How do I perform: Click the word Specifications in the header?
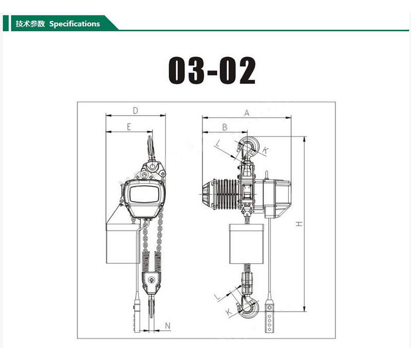[74, 24]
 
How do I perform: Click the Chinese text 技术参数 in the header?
[30, 24]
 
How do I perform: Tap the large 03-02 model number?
[212, 70]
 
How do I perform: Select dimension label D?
[135, 111]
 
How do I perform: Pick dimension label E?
[129, 127]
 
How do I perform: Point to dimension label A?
[247, 113]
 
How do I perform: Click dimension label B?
[225, 127]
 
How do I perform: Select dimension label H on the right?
[299, 224]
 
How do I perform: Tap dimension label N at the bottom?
[168, 326]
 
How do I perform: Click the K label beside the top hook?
[265, 150]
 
